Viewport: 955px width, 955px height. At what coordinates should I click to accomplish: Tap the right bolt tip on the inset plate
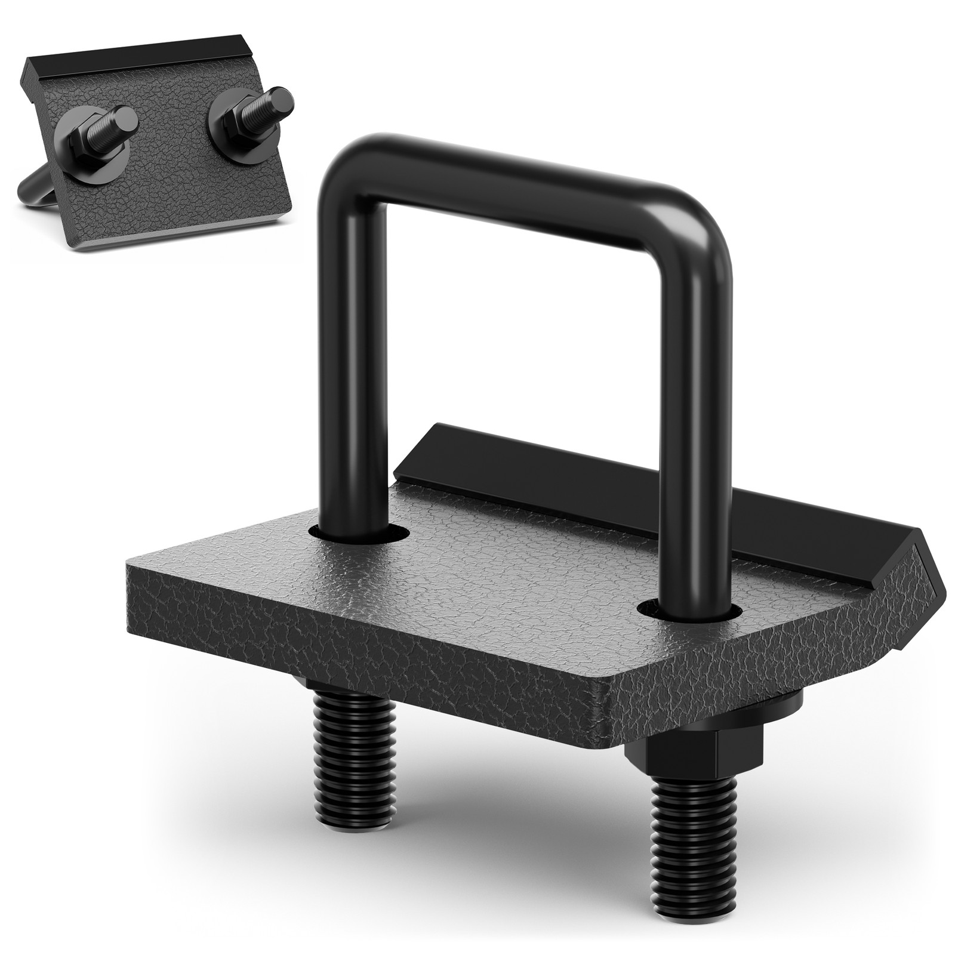point(278,95)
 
